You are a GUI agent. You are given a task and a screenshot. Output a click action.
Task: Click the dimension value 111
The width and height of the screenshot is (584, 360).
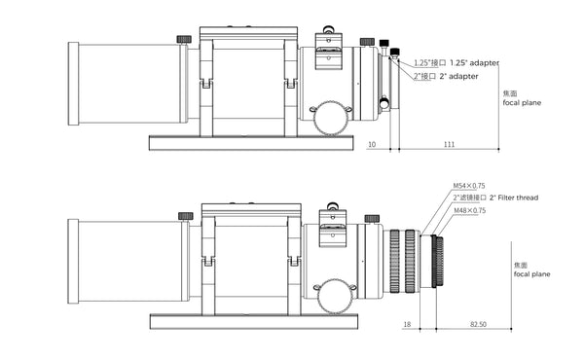point(449,144)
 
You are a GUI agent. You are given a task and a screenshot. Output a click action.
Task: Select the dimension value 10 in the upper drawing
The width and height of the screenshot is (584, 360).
point(372,144)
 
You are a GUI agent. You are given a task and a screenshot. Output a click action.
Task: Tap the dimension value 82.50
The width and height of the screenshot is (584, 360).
point(478,324)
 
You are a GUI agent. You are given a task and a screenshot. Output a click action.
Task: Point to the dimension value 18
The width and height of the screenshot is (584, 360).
point(407,324)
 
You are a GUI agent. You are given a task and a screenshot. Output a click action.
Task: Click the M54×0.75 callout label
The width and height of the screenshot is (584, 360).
point(469,186)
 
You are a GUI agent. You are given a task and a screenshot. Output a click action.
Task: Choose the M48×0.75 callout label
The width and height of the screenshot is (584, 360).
point(470,210)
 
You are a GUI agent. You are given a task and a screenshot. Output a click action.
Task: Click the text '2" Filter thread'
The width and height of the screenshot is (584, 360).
point(514,198)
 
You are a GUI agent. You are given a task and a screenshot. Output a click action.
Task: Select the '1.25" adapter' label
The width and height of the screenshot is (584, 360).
point(475,62)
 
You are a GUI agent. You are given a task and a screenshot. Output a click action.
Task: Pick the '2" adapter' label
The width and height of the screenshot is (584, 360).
point(458,76)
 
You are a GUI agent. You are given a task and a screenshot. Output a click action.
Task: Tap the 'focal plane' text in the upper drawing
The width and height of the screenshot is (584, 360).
point(522,103)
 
